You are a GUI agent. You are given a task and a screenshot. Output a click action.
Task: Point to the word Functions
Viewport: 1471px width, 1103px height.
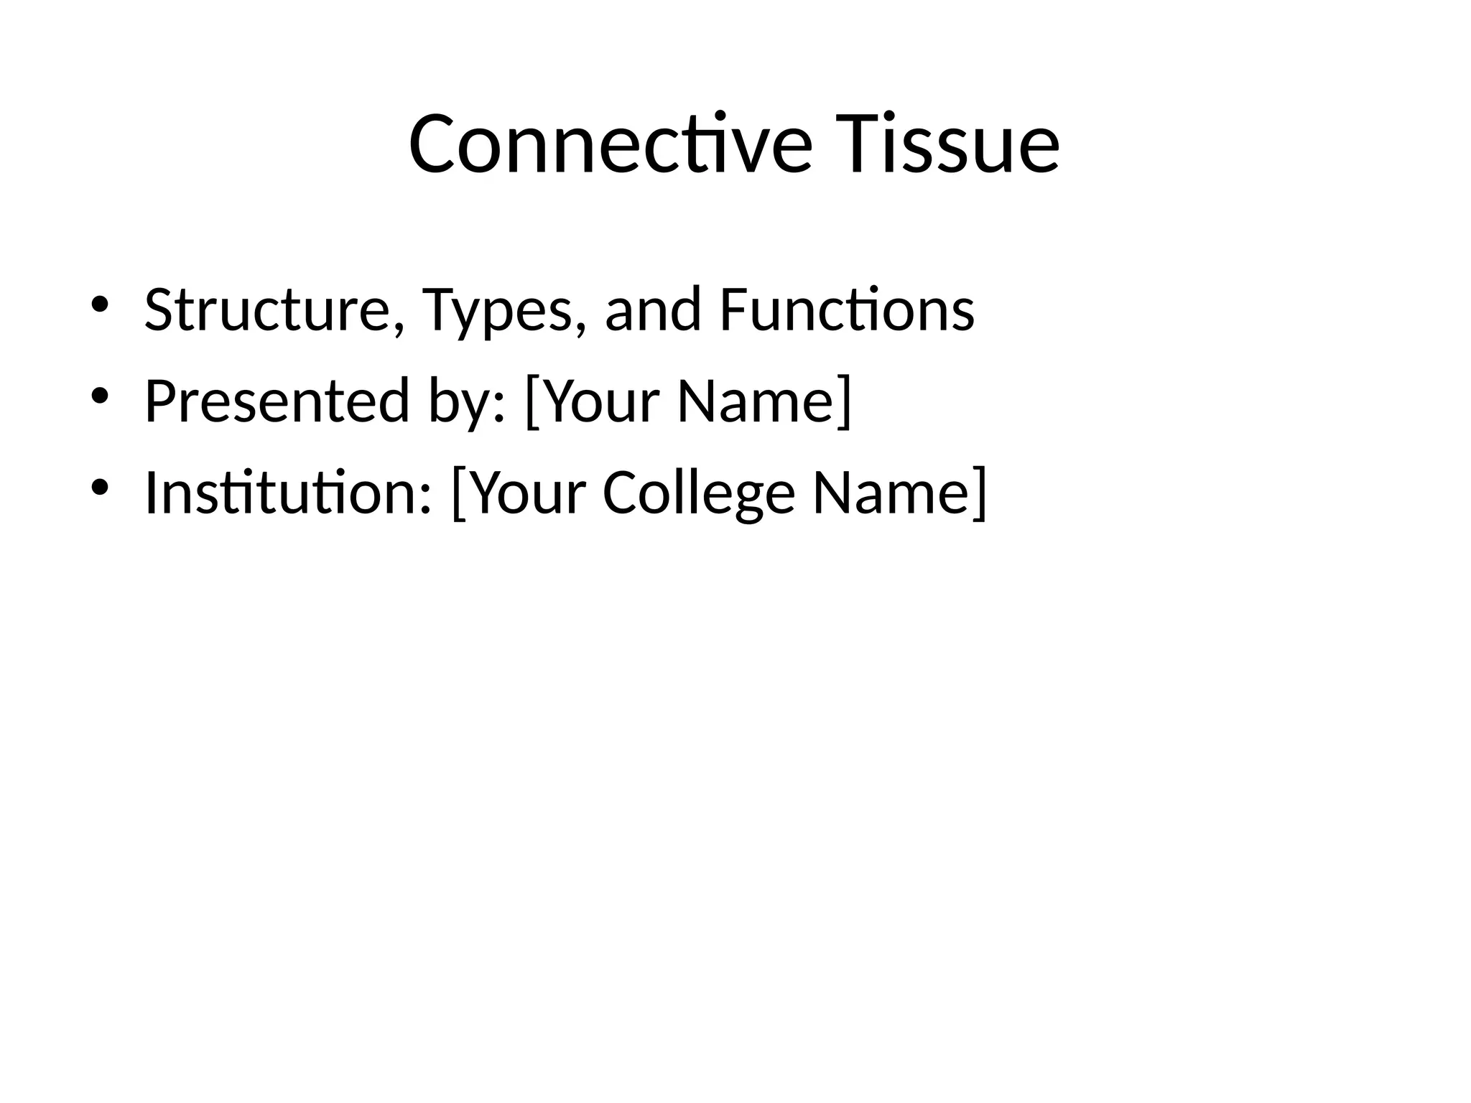[x=846, y=310]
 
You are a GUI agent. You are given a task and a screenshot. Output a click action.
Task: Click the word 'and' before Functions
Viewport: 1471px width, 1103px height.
[x=652, y=310]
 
